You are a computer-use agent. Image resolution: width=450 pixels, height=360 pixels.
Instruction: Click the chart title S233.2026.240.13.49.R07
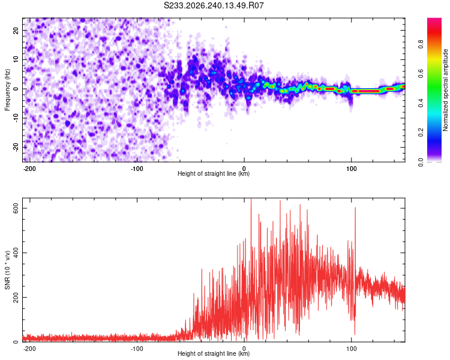click(x=214, y=5)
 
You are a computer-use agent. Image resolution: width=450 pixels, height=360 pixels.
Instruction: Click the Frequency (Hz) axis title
click(x=7, y=90)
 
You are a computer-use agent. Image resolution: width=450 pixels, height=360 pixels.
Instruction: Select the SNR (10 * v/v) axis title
click(x=7, y=270)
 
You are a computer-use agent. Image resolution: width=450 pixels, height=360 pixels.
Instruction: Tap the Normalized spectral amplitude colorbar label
click(x=445, y=90)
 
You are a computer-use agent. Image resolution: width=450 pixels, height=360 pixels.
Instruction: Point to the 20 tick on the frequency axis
click(x=16, y=30)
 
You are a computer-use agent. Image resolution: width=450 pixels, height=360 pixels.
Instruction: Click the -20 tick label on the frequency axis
click(x=16, y=147)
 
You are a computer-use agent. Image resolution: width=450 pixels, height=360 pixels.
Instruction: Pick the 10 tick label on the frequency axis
click(x=16, y=59)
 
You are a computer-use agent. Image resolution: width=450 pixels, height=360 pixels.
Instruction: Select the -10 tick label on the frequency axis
click(x=16, y=118)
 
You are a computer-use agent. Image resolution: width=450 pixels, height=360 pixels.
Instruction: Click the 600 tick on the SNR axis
click(x=16, y=208)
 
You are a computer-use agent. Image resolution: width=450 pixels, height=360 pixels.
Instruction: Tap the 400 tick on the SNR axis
click(x=16, y=253)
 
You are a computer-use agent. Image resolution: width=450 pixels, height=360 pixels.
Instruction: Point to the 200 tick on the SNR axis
click(x=16, y=297)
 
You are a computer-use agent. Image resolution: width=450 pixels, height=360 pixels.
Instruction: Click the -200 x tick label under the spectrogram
click(x=29, y=169)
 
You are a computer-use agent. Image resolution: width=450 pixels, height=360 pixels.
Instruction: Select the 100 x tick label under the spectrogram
click(x=351, y=169)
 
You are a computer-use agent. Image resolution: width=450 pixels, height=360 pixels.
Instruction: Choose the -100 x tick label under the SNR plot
click(x=137, y=349)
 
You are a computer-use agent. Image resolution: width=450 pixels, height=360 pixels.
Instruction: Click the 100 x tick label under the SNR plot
click(x=351, y=349)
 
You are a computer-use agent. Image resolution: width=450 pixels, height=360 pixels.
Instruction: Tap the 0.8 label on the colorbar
click(x=421, y=44)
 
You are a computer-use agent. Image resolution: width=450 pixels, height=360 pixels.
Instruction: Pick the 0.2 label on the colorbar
click(x=421, y=133)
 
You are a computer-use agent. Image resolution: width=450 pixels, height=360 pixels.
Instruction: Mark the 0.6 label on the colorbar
click(x=421, y=74)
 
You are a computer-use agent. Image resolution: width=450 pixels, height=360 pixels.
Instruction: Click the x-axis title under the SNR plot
click(x=214, y=353)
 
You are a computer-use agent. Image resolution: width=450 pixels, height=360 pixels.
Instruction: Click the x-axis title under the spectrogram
click(x=214, y=173)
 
